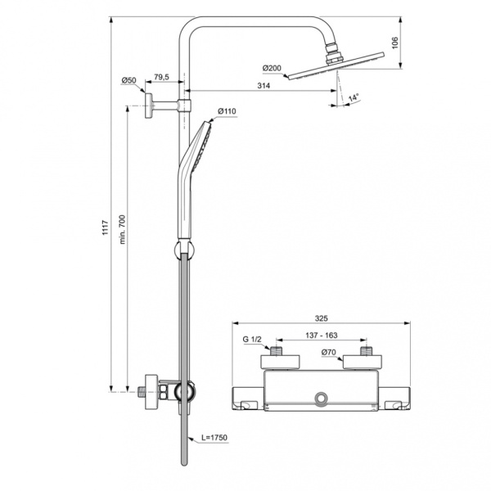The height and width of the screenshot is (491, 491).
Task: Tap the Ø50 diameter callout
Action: pos(128,79)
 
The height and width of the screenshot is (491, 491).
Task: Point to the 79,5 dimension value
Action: pos(161,78)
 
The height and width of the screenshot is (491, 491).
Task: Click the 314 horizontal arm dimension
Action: pos(264,86)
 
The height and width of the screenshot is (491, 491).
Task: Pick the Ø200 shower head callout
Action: pos(272,68)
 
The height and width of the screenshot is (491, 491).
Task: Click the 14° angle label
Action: pos(354,98)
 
